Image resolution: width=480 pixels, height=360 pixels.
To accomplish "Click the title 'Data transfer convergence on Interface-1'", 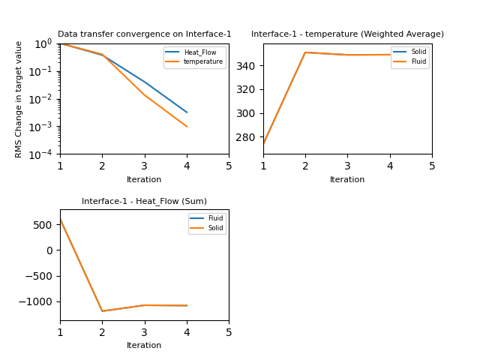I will click(144, 34).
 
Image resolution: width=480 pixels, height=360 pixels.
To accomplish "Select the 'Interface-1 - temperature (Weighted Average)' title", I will click(347, 34).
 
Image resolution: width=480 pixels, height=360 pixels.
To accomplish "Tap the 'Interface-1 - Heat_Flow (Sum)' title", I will click(144, 201).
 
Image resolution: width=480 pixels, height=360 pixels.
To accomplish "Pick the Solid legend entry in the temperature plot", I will click(418, 52).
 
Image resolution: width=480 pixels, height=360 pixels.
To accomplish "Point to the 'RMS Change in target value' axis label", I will click(19, 99).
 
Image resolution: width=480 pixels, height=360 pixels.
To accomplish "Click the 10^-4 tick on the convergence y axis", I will click(45, 154).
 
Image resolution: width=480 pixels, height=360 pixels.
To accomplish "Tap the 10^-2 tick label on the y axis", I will click(45, 99).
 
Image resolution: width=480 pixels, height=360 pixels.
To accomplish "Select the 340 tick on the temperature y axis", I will click(248, 66).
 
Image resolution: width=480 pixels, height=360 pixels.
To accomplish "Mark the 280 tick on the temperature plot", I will click(248, 137).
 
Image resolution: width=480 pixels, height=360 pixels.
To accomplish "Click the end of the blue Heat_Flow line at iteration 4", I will click(187, 112).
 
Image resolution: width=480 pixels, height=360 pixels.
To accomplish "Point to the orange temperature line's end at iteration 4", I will click(187, 127).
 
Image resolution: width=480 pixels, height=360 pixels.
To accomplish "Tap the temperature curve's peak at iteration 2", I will click(305, 52).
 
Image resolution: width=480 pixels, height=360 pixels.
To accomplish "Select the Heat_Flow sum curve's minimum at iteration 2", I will click(102, 311).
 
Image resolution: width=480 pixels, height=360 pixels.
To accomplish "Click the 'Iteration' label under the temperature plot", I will click(347, 180).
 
